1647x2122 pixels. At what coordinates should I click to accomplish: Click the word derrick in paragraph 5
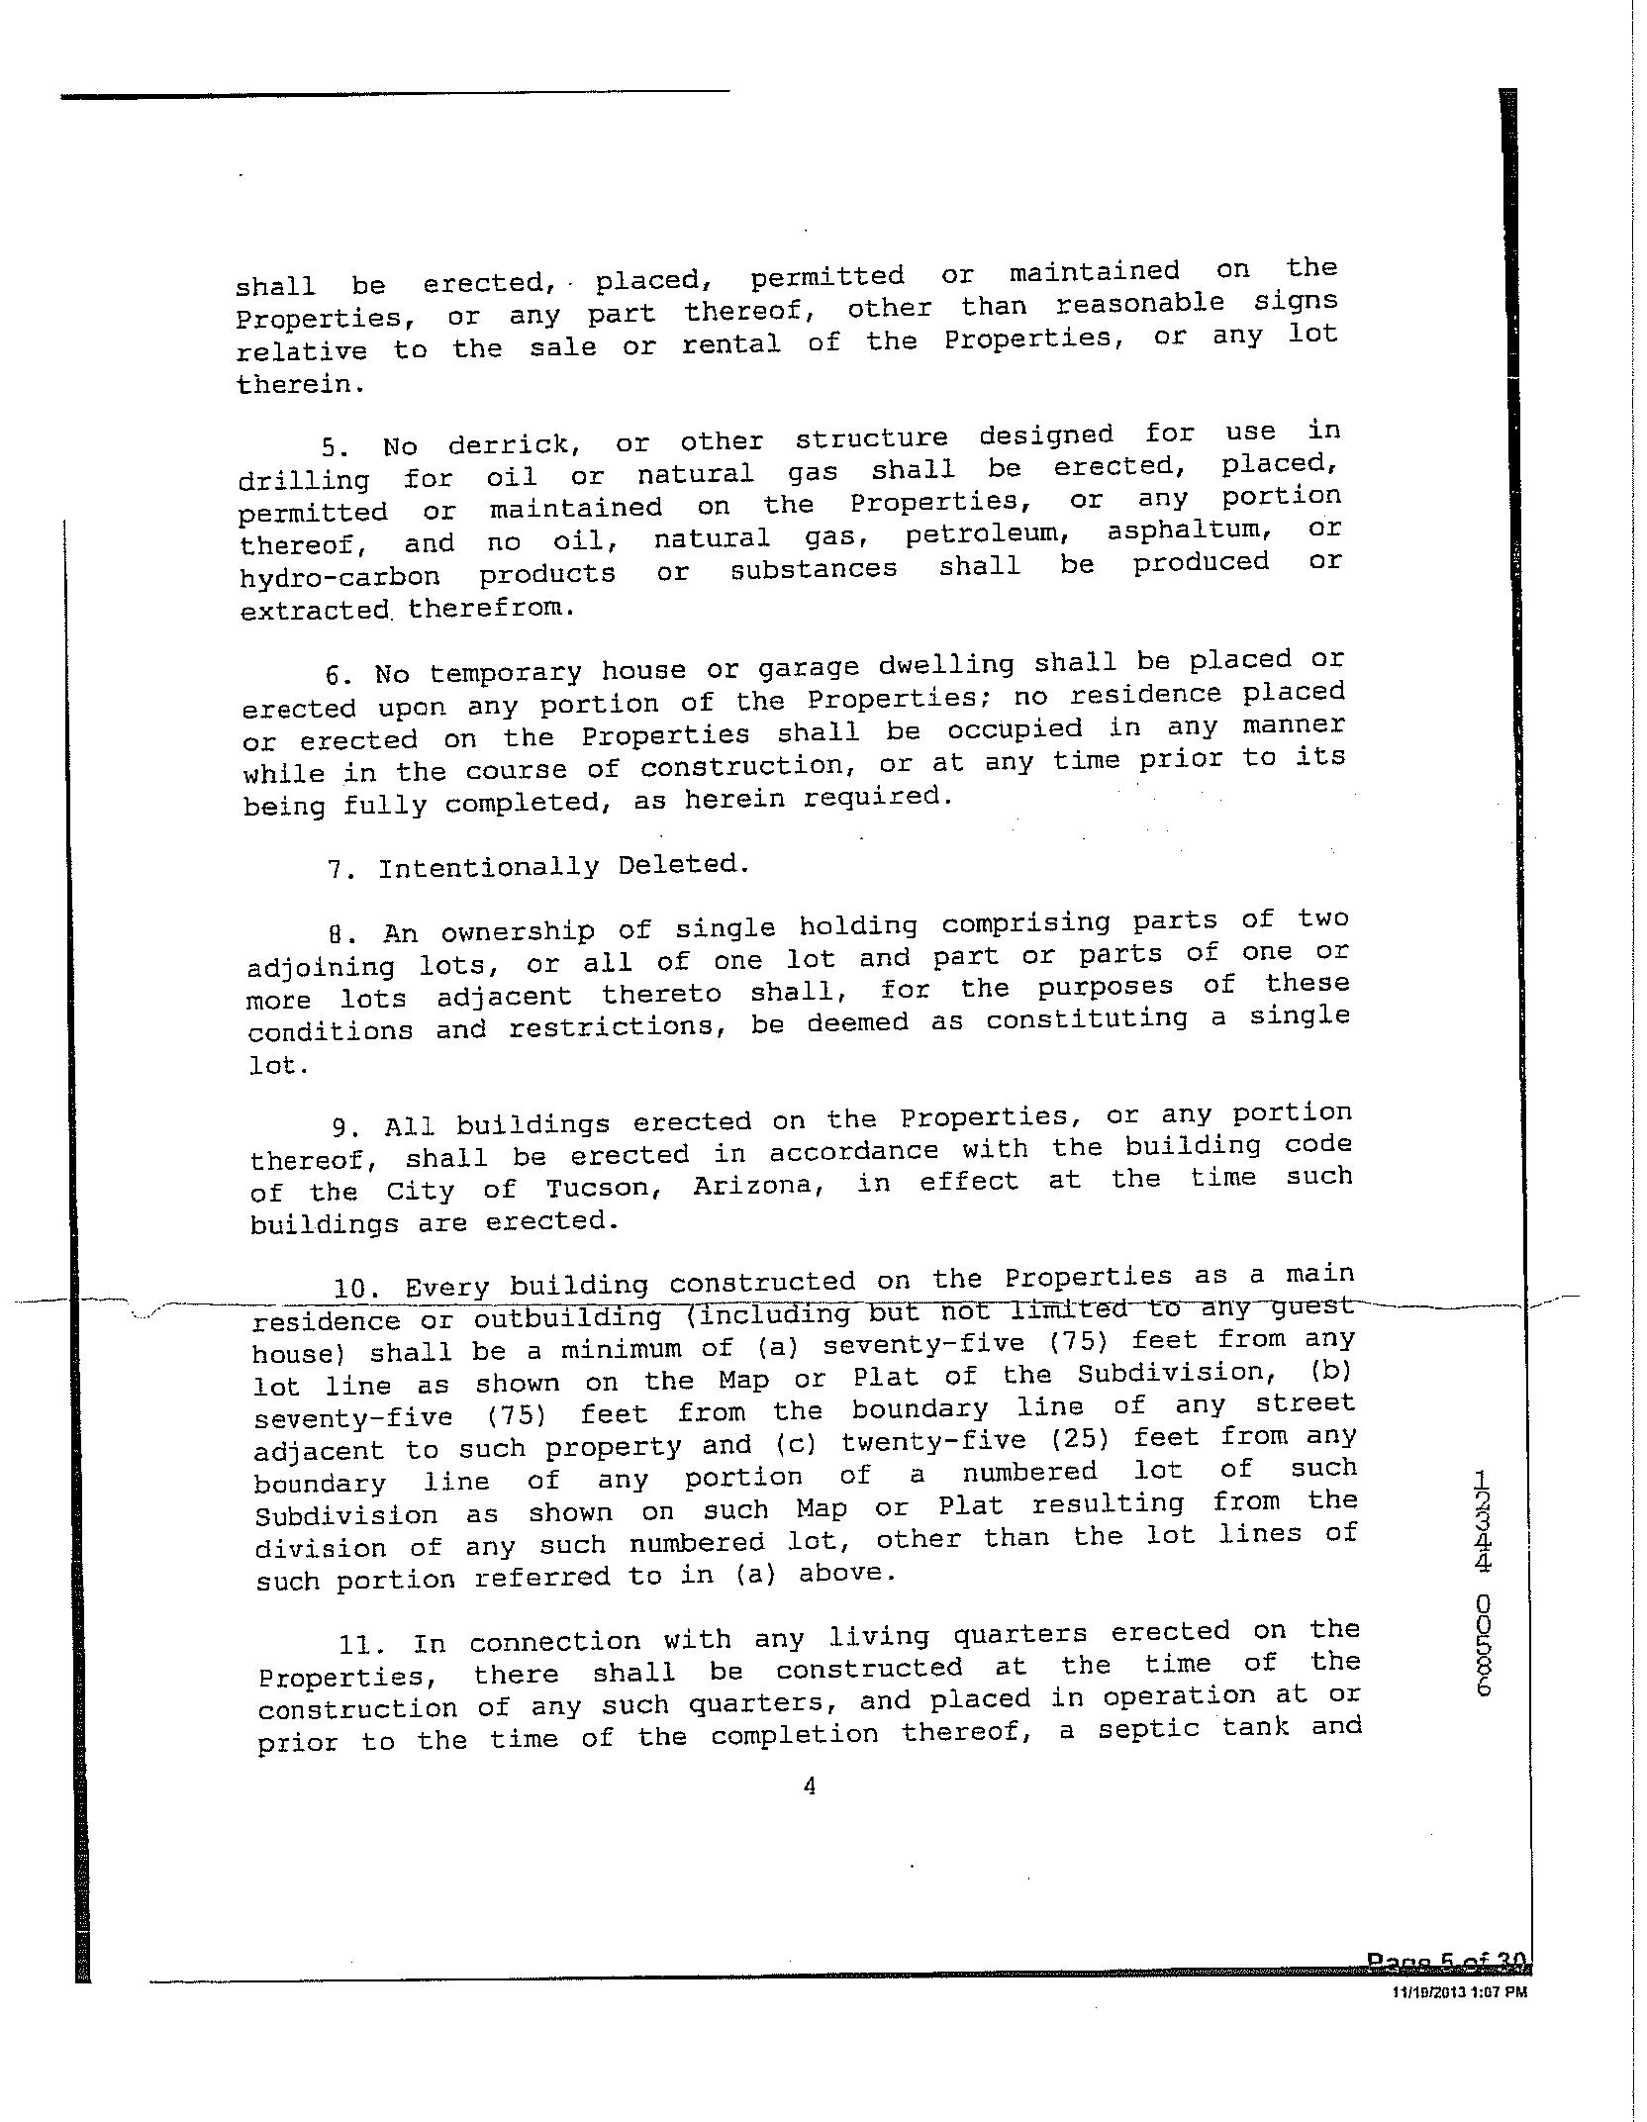(508, 443)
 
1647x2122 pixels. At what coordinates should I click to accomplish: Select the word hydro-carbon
(339, 577)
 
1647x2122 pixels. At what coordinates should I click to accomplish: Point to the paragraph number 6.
(338, 676)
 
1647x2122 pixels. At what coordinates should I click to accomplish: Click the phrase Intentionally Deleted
(563, 867)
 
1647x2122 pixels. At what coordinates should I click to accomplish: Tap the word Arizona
(758, 1186)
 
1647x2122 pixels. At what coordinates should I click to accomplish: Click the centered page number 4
(809, 1785)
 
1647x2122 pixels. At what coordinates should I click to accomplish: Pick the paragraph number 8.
(338, 933)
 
